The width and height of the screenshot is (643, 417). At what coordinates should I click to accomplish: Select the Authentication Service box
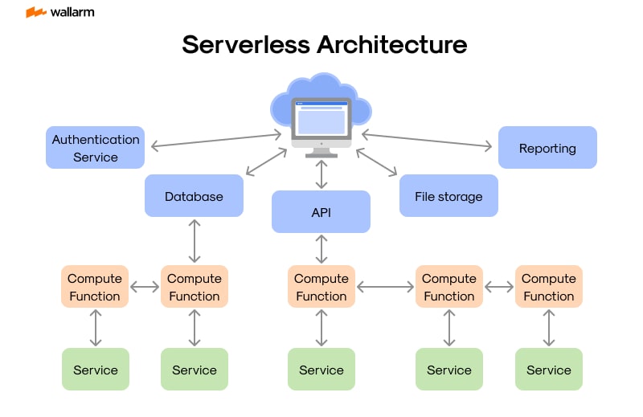(x=96, y=148)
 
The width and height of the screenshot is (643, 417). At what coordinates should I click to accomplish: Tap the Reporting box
(x=547, y=148)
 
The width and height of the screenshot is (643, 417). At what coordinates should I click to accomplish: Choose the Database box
(x=194, y=196)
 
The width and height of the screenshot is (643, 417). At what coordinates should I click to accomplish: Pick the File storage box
(x=448, y=196)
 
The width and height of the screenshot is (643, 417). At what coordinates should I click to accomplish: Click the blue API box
(x=321, y=212)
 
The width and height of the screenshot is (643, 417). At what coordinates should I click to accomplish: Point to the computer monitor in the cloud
(x=321, y=121)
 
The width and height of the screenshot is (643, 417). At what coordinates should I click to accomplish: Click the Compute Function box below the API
(x=321, y=287)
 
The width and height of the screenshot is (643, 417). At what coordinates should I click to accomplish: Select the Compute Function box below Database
(x=195, y=287)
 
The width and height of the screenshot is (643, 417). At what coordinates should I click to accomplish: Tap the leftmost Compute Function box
(x=95, y=287)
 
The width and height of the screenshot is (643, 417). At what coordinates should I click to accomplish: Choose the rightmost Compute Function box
(x=548, y=287)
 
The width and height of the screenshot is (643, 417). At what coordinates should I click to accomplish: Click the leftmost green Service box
(x=95, y=370)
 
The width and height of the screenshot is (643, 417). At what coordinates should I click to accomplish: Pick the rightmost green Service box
(x=548, y=370)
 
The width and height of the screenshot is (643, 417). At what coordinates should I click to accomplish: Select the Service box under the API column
(x=321, y=370)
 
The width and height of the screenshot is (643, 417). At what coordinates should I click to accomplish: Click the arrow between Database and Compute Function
(x=195, y=241)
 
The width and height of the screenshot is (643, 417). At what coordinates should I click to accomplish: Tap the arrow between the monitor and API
(x=321, y=174)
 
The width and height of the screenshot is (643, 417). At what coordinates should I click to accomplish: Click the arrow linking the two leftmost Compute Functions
(x=145, y=287)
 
